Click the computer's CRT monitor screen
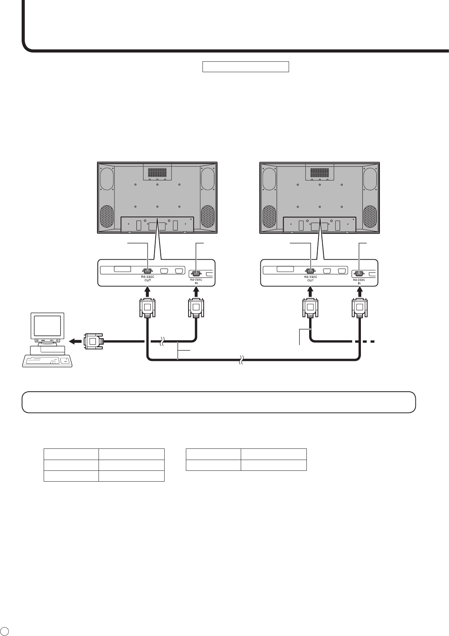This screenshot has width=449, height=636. [47, 326]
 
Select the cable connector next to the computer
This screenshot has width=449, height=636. [94, 341]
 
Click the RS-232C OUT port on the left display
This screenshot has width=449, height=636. [147, 271]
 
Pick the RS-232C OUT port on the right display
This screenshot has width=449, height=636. [310, 271]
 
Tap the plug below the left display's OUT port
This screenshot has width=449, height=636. [147, 308]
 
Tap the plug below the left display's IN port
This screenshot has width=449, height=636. [196, 308]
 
